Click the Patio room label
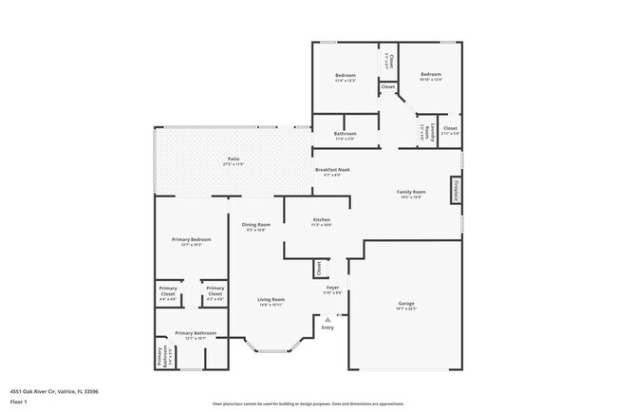[233, 159]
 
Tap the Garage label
[406, 305]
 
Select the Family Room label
[411, 193]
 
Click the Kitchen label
[322, 220]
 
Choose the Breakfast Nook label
[332, 170]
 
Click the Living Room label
[271, 300]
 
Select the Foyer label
[333, 287]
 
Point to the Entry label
[327, 328]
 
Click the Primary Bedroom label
[191, 239]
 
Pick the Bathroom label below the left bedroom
[345, 134]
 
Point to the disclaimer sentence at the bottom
[308, 403]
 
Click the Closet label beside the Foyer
[318, 269]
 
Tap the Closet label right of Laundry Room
[450, 128]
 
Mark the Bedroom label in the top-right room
[432, 74]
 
